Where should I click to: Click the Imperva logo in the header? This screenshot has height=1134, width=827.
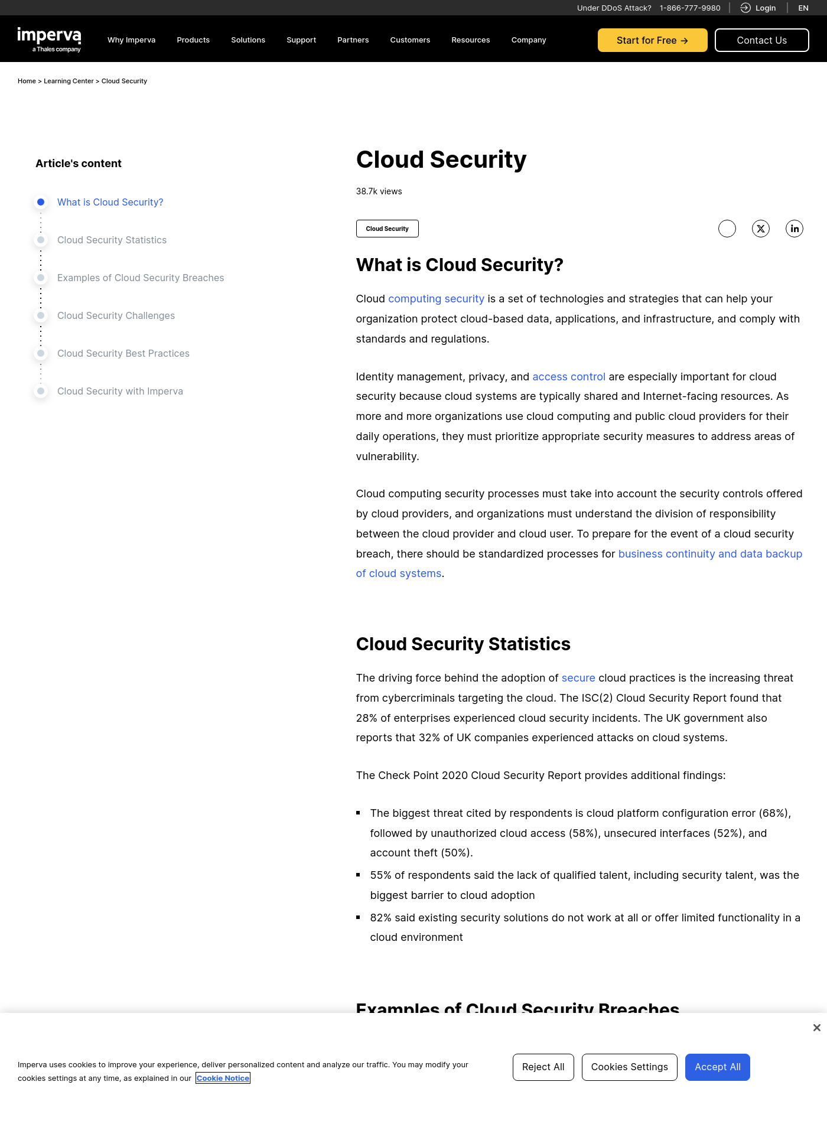click(x=49, y=40)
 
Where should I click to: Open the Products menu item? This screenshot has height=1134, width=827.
click(x=193, y=40)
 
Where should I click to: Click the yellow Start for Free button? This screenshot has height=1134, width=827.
click(x=652, y=40)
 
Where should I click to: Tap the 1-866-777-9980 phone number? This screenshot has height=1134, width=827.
click(x=690, y=8)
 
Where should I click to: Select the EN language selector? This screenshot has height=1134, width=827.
click(x=803, y=8)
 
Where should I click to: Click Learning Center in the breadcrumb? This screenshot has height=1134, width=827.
click(x=69, y=81)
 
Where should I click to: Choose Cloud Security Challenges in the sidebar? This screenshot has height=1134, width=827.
click(x=116, y=315)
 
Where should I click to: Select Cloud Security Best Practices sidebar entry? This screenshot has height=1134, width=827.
click(x=123, y=353)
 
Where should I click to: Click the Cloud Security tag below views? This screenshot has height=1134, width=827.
click(x=387, y=229)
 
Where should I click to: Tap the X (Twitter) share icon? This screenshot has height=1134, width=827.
click(x=761, y=229)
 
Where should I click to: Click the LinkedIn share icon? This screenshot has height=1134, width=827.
click(x=795, y=229)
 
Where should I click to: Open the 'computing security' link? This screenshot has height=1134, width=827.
click(x=436, y=299)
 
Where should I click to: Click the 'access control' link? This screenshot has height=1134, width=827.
click(x=569, y=377)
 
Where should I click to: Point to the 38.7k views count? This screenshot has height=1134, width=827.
click(x=379, y=191)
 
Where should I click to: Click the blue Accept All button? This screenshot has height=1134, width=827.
click(x=717, y=1067)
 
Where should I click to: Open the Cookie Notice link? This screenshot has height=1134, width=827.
click(x=223, y=1078)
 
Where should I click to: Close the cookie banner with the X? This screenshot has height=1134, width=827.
click(x=816, y=1028)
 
